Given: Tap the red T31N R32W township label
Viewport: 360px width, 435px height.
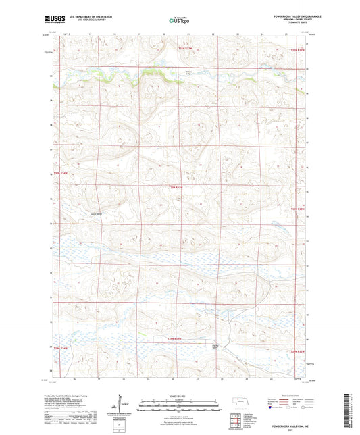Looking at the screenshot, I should pyautogui.click(x=298, y=49).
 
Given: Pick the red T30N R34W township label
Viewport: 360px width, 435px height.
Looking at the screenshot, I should pyautogui.click(x=61, y=174).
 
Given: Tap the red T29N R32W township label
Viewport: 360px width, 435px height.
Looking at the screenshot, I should pyautogui.click(x=298, y=351).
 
